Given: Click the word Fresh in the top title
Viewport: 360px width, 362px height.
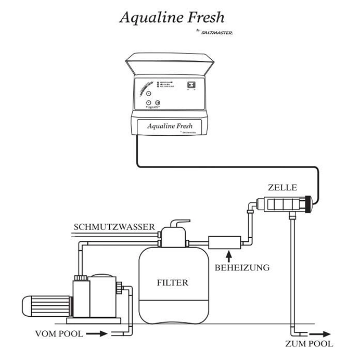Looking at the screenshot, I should tap(204, 17).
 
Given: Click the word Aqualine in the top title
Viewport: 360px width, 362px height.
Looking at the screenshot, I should tap(150, 18).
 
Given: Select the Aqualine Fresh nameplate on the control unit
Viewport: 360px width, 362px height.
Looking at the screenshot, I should tap(170, 126).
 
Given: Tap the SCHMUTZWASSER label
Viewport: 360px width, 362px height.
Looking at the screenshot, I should tap(114, 227).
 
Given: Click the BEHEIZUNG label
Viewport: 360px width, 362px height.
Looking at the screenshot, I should tap(242, 268).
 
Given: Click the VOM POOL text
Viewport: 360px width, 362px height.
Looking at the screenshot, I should tap(59, 333).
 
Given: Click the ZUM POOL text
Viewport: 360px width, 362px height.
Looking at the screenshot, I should tap(309, 343).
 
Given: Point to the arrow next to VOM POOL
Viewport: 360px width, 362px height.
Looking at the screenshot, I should tap(97, 333).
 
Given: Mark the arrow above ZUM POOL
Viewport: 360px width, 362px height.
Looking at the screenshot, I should tap(322, 334).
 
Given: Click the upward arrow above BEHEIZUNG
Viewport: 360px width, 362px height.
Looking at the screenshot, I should tap(227, 255).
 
